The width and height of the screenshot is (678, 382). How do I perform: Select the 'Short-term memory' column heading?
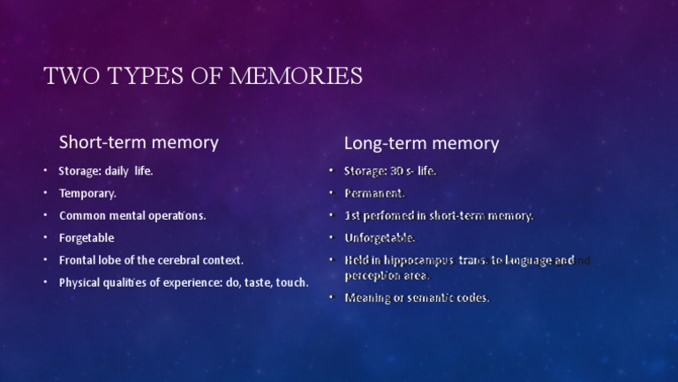[139, 141]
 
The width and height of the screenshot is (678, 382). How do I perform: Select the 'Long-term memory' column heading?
[421, 143]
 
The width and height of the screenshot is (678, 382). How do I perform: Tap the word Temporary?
[87, 192]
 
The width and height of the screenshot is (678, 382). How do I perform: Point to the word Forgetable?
[87, 238]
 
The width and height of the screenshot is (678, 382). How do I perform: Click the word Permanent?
[374, 193]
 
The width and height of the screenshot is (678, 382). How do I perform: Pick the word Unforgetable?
[380, 238]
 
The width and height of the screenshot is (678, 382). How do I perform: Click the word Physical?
[80, 283]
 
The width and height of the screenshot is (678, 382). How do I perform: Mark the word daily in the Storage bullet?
[117, 170]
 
